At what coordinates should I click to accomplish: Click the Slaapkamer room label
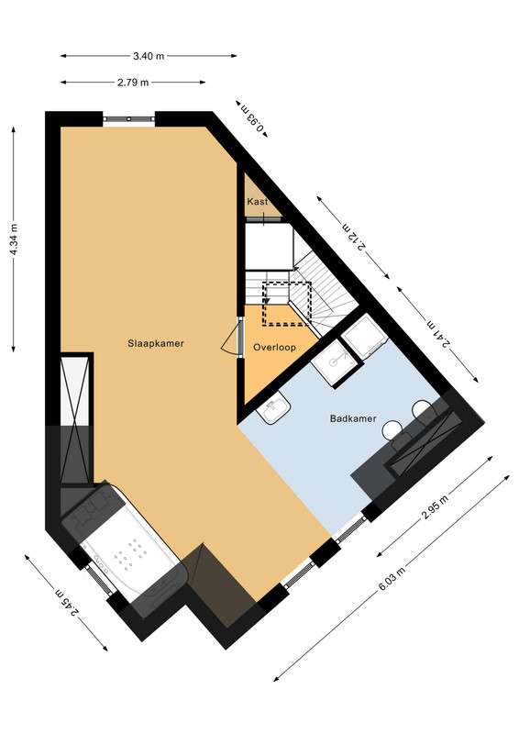[156, 343]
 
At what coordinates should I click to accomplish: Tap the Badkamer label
[353, 418]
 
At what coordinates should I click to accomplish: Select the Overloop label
[274, 348]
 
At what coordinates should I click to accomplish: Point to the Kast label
[258, 201]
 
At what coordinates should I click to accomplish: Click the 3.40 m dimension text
[149, 56]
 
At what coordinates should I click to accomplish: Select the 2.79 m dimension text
[133, 83]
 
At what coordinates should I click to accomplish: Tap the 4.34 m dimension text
[14, 239]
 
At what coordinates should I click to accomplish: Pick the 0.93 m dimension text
[252, 118]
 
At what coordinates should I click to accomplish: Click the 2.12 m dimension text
[353, 238]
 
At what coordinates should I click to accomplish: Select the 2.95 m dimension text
[435, 507]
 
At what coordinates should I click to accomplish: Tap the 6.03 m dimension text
[392, 579]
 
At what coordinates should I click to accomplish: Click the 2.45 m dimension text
[67, 603]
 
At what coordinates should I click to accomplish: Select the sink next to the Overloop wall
[274, 407]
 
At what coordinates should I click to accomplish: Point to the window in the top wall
[128, 119]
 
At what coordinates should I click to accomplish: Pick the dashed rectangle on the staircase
[287, 304]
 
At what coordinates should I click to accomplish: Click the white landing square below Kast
[270, 246]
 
